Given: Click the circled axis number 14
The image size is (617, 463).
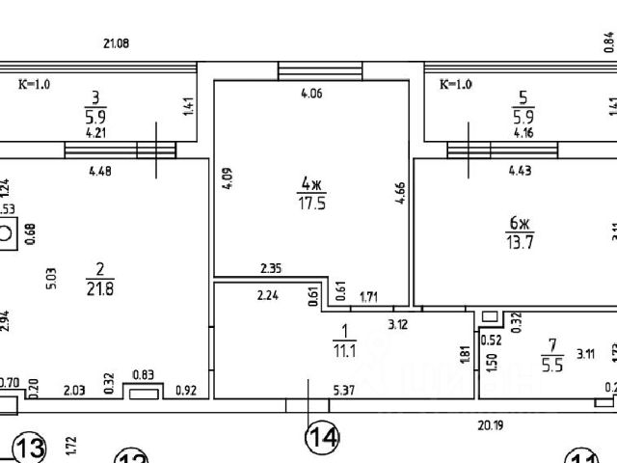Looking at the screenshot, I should (x=323, y=438).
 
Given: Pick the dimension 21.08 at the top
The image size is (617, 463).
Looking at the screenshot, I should (x=116, y=43).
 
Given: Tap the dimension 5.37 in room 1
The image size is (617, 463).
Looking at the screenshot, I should (x=345, y=390).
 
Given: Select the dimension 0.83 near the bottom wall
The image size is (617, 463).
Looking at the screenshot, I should (x=144, y=374).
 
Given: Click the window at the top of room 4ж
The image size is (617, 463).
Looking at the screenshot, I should (x=319, y=71).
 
